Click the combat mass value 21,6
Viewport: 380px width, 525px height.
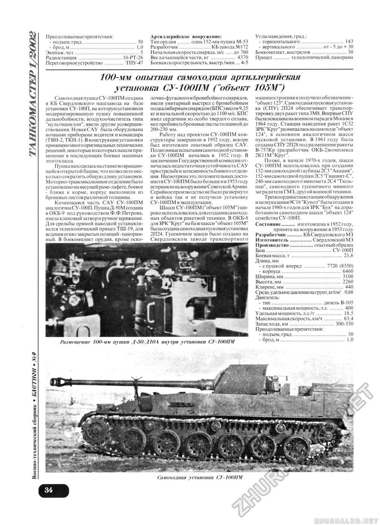pyautogui.click(x=348, y=256)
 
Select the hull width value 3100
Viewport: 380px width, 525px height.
pyautogui.click(x=348, y=276)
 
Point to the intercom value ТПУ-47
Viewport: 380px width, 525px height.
pyautogui.click(x=135, y=63)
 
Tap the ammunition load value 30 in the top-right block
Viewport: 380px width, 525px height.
pyautogui.click(x=350, y=52)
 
